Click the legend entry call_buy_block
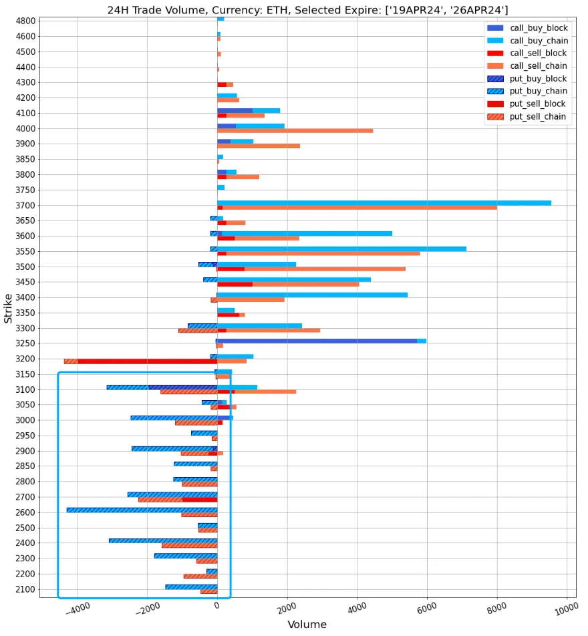point(538,28)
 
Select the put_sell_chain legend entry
point(538,117)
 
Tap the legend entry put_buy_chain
point(538,92)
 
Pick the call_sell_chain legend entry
point(538,66)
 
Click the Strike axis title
point(8,308)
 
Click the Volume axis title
point(307,625)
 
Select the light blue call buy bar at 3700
point(384,202)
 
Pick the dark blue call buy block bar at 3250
point(317,341)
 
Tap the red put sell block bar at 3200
point(147,361)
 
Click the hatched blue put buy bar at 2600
point(142,510)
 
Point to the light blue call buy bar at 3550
point(341,249)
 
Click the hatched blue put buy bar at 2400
point(163,540)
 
